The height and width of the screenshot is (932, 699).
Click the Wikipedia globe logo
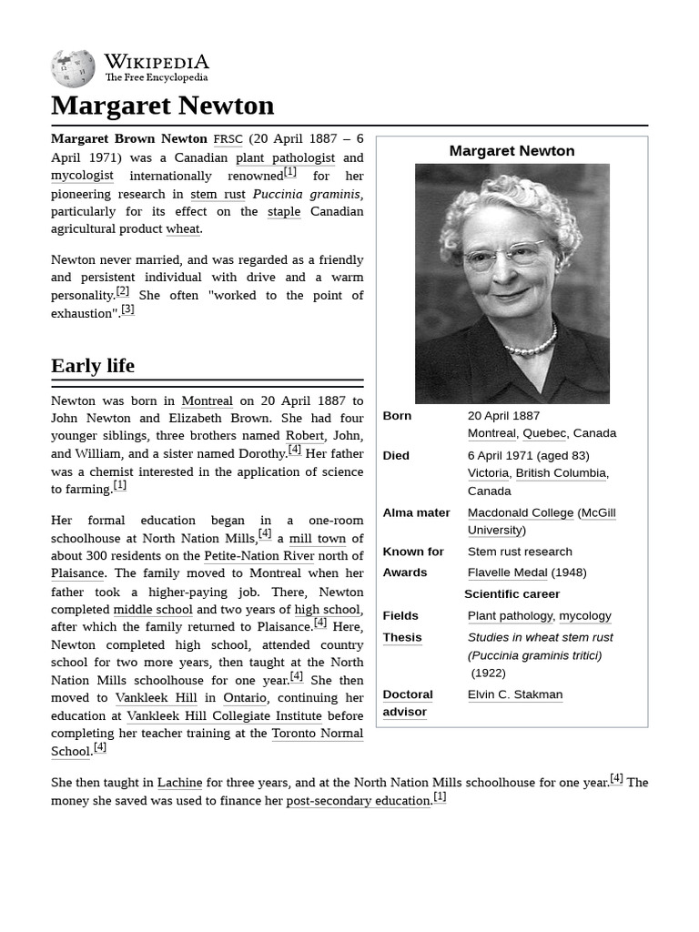point(73,68)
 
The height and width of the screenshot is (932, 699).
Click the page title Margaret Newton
point(162,106)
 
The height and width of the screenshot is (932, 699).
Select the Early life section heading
point(93,366)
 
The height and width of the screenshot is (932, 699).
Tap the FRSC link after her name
point(228,139)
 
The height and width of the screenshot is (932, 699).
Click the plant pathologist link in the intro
point(285,157)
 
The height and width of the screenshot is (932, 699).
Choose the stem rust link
point(218,194)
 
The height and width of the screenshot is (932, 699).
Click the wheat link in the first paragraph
point(182,229)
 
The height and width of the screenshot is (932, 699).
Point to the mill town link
point(317,538)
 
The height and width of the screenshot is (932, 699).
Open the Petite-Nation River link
point(259,556)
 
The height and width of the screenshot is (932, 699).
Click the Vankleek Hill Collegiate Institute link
point(224,715)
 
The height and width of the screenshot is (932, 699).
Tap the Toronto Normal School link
point(317,734)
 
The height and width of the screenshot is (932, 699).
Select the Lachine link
point(179,783)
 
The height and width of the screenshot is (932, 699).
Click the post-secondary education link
point(358,801)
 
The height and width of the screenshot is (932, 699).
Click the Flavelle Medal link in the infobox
point(507,572)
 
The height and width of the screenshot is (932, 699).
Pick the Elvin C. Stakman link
point(515,694)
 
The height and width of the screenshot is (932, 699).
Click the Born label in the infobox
point(397,416)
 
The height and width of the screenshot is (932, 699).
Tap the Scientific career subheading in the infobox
point(512,594)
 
